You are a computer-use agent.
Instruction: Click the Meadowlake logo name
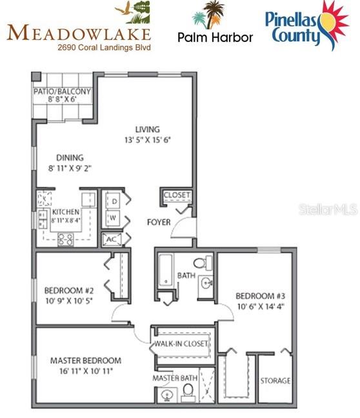79,33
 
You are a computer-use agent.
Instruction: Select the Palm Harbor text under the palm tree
215,37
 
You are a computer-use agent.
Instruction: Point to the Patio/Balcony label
63,92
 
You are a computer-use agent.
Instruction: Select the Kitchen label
65,212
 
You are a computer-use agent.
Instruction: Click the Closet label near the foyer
175,195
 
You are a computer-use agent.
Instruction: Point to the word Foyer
159,222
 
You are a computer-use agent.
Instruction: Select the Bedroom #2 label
70,289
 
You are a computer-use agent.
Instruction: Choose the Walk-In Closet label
183,344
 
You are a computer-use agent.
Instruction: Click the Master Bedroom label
85,361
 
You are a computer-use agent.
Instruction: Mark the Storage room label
275,381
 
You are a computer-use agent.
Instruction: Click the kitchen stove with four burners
66,240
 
